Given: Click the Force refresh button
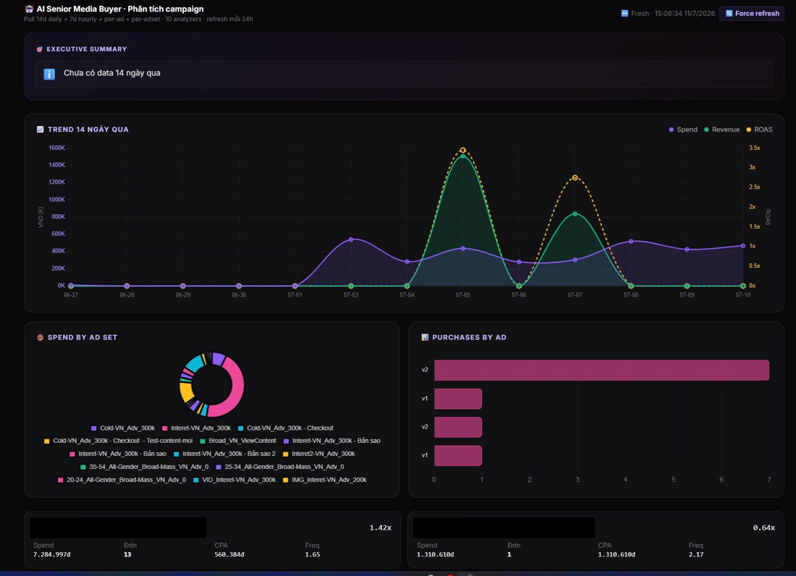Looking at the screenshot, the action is pos(752,14).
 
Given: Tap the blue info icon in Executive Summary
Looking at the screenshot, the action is pos(49,74).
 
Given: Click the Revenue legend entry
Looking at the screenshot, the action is pos(721,130).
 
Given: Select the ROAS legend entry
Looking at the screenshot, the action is pos(759,130).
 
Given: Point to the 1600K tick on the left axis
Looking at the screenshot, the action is pos(57,148).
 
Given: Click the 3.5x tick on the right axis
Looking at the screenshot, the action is pos(755,148).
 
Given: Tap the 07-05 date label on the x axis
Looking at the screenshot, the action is pos(463,295).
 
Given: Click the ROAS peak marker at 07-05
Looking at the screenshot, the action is pos(463,151).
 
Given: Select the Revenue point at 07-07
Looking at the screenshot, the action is pos(575,213).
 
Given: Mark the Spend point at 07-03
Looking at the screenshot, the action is pos(351,240).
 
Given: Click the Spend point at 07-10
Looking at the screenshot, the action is pos(743,245).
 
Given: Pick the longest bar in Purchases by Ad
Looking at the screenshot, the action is pos(601,370).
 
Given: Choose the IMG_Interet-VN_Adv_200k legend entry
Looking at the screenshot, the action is pos(325,480).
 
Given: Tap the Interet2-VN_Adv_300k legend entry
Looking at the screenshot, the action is pos(319,454).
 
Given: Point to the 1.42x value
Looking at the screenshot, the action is pos(380,528).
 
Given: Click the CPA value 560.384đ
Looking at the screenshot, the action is pos(229,555).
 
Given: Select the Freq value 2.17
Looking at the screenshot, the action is pos(696,555).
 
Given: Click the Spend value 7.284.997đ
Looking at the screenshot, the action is pos(52,555).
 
